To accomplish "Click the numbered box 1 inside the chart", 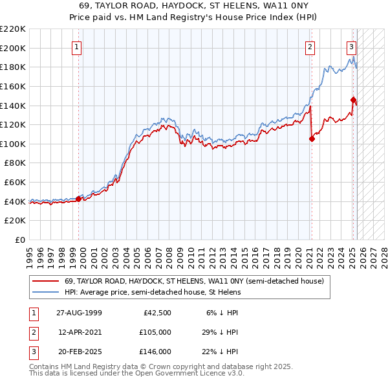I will click(76, 47).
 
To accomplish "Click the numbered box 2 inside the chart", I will click(310, 47).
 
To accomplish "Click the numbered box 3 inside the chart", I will click(351, 47).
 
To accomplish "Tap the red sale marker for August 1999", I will click(79, 199).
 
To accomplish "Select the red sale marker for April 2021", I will click(312, 138).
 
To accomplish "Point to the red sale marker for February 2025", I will click(353, 99).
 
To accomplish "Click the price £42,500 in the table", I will click(156, 313).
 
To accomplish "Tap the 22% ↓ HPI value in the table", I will click(219, 352).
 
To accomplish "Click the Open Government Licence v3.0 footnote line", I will click(136, 374).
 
